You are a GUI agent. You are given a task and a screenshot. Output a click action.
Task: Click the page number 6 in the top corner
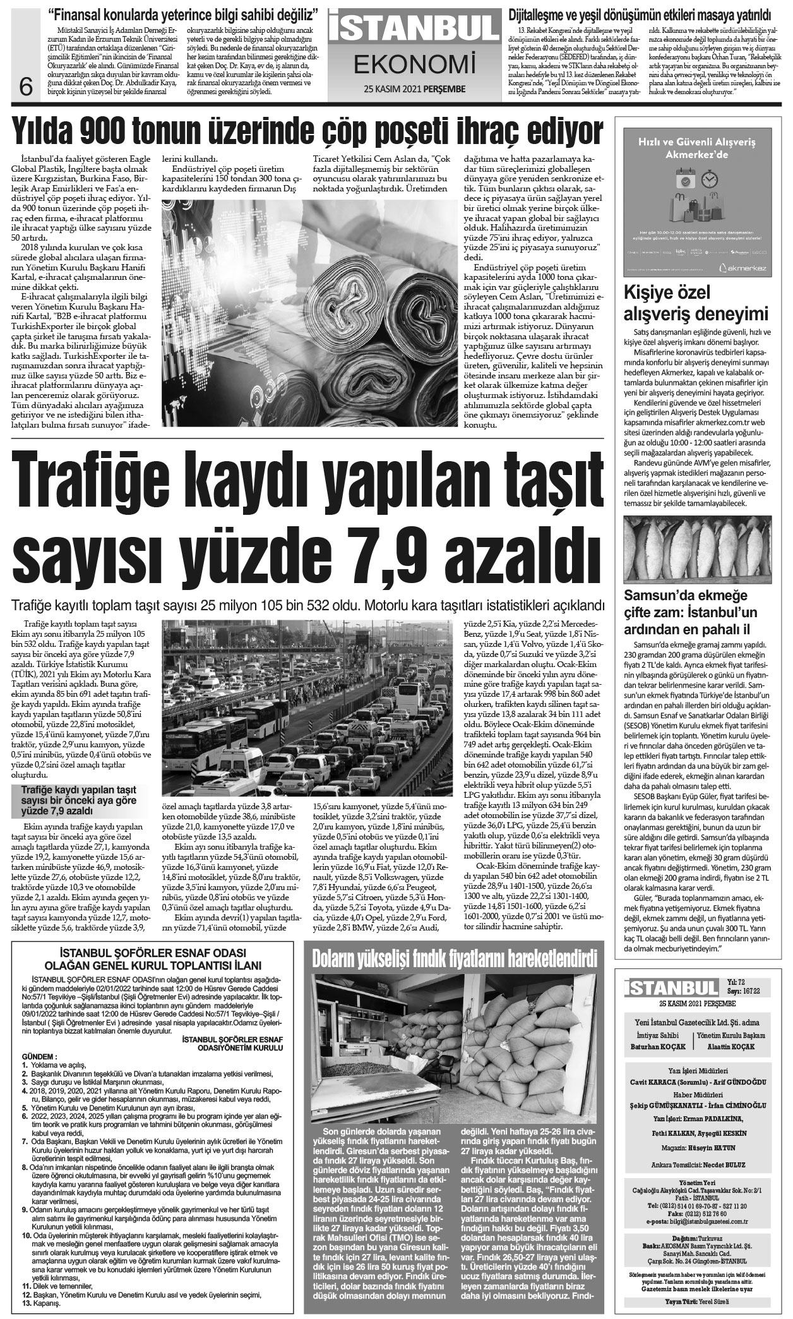click(x=26, y=85)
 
